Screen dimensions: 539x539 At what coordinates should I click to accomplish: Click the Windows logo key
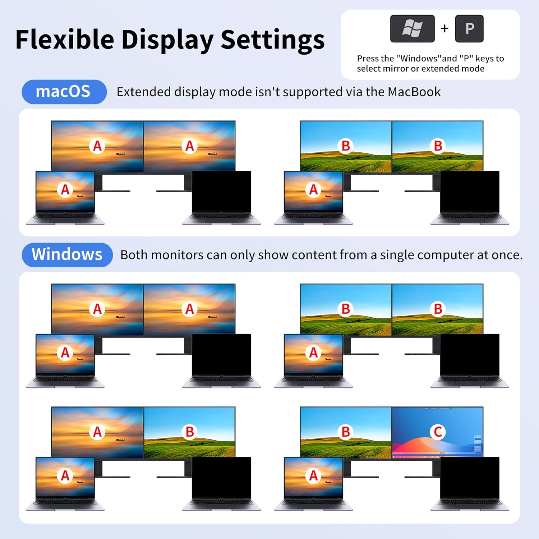tap(412, 29)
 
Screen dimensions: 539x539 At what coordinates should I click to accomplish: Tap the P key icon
tap(469, 29)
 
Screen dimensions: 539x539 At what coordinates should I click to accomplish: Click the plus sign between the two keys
tap(444, 28)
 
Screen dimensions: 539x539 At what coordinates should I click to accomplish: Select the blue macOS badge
tap(64, 92)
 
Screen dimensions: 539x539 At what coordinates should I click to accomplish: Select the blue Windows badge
tap(67, 254)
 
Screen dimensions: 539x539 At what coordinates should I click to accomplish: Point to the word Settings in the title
tap(272, 40)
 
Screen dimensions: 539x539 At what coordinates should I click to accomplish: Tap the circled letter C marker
tap(438, 432)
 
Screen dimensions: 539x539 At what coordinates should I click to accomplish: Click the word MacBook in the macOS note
tap(414, 92)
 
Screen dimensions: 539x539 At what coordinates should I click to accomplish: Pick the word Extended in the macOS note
tap(144, 92)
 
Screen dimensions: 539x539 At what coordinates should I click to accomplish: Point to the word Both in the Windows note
tap(134, 255)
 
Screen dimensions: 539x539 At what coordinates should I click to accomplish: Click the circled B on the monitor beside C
tap(346, 432)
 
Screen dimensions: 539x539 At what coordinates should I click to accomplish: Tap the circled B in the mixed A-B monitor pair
tap(190, 432)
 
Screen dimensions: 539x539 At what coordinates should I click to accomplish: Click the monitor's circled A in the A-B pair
tap(97, 432)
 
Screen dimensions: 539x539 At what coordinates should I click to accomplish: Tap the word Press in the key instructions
tap(368, 59)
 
